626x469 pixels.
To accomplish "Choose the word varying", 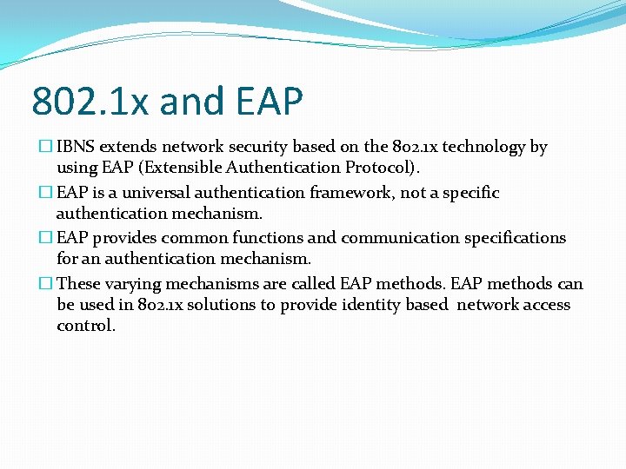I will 131,284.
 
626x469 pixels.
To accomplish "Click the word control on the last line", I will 86,326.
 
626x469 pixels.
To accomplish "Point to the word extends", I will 129,147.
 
